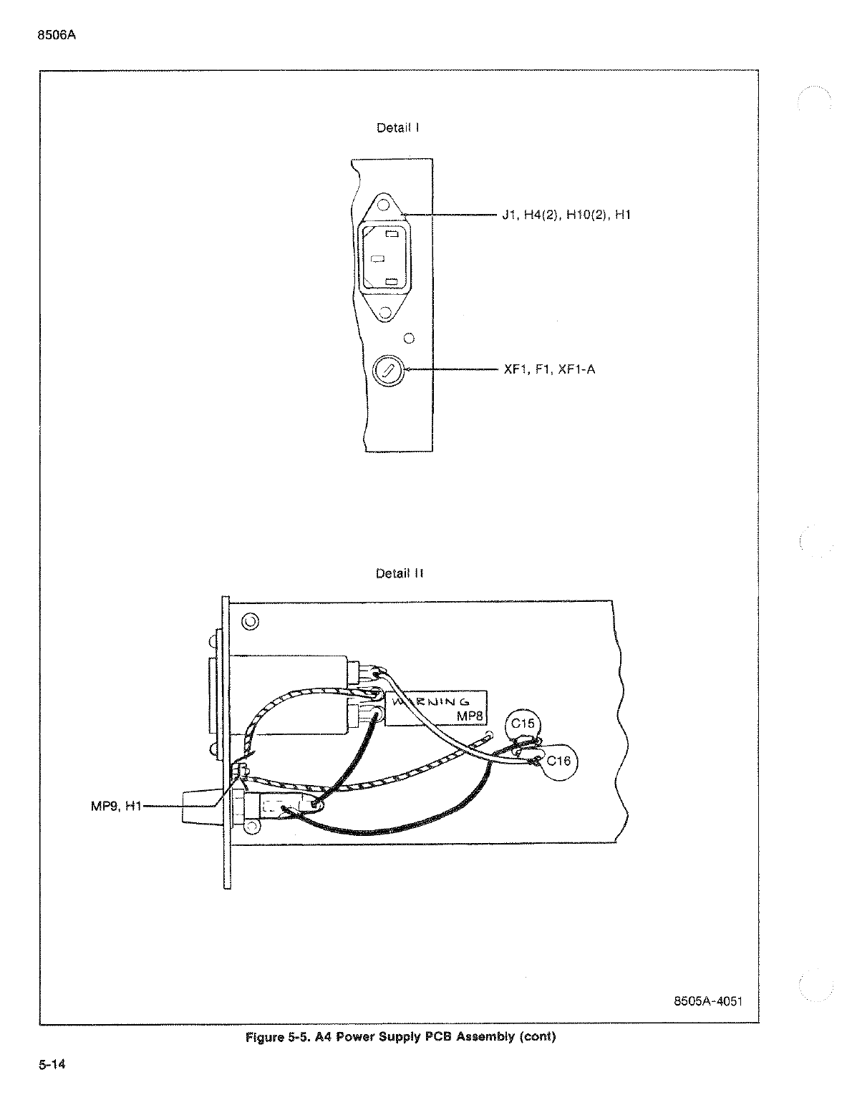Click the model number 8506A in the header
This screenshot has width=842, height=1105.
[x=57, y=35]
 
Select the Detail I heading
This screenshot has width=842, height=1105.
[x=398, y=128]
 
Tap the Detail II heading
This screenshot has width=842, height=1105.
[x=400, y=573]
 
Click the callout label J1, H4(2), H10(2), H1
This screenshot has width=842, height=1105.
[x=566, y=215]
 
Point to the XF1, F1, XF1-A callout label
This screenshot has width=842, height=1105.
[x=549, y=369]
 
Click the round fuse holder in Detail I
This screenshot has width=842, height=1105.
[x=388, y=371]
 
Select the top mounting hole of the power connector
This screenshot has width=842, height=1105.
[x=384, y=205]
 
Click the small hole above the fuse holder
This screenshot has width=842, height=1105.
[x=409, y=339]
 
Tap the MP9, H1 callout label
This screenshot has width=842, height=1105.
[x=116, y=806]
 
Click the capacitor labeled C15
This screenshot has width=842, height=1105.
[x=523, y=724]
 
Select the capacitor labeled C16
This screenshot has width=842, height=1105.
[x=559, y=761]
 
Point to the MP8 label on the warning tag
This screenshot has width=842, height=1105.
[x=470, y=716]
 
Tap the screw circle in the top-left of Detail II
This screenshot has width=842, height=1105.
[x=251, y=621]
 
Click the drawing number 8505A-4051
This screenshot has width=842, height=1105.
[x=708, y=1001]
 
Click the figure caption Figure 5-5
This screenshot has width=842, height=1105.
[x=400, y=1036]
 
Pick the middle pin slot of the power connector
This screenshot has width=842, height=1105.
[x=377, y=259]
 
